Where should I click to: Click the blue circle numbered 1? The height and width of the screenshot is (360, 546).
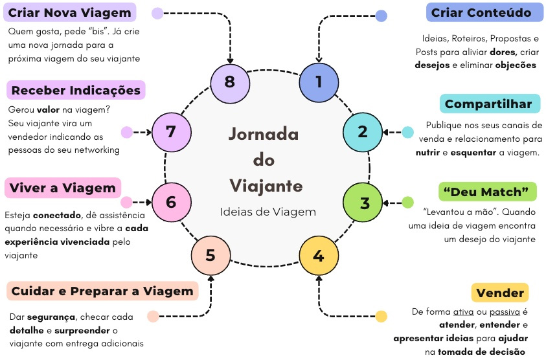(x=319, y=82)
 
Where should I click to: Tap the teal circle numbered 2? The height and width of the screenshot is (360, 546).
(x=363, y=131)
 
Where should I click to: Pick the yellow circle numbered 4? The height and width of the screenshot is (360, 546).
(x=319, y=256)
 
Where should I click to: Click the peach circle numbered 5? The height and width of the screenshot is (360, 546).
(x=210, y=255)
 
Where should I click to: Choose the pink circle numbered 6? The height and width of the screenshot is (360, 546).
(x=171, y=202)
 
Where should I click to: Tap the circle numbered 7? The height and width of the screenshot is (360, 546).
(x=171, y=131)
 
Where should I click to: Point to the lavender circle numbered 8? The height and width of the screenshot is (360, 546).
(x=230, y=82)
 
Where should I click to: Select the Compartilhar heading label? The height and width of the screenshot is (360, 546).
(x=489, y=104)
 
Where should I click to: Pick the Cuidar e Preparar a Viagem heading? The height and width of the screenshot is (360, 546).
(x=102, y=291)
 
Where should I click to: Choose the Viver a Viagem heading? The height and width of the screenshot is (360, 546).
(x=63, y=188)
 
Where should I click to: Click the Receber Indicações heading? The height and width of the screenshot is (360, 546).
(x=76, y=90)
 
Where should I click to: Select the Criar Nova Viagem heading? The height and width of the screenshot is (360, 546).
(x=71, y=12)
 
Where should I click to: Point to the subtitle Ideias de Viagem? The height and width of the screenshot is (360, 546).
(x=267, y=212)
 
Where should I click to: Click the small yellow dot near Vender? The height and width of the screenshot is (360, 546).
(x=381, y=317)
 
